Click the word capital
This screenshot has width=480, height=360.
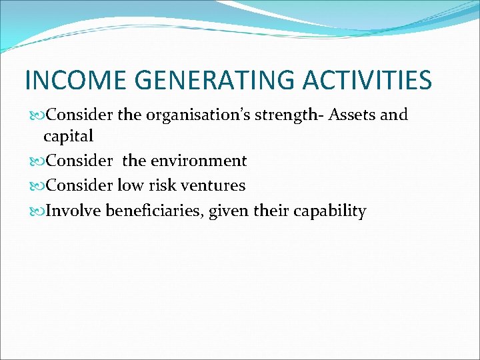69,137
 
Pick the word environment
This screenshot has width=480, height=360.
198,161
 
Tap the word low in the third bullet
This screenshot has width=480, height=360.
131,185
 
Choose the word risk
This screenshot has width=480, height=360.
163,185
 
